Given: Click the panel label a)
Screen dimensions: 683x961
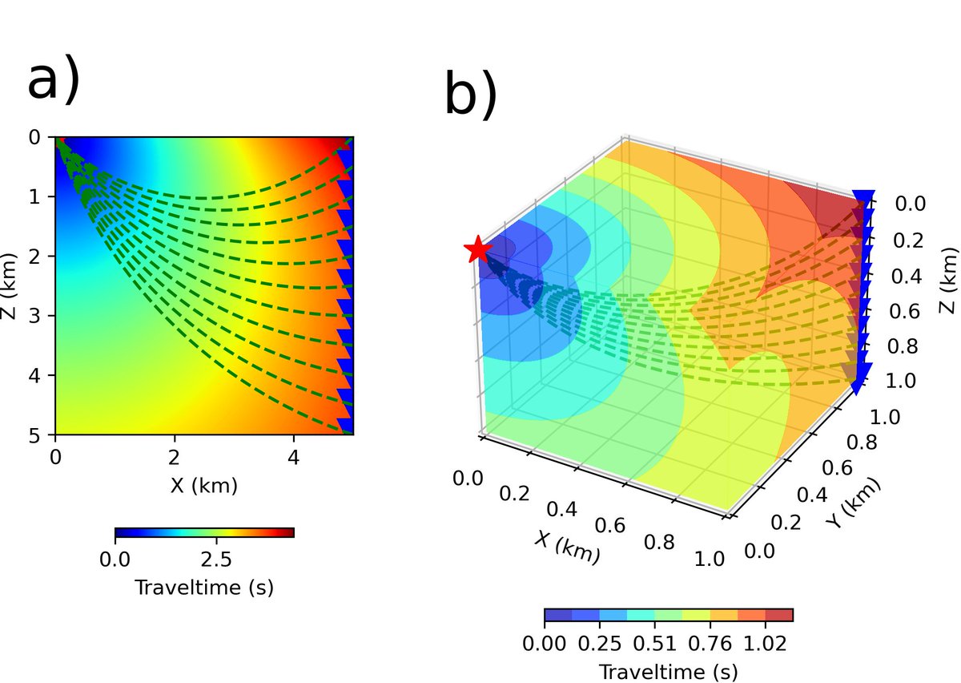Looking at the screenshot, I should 54,81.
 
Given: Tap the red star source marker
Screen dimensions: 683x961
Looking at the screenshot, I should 478,250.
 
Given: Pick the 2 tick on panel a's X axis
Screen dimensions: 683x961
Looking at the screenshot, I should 174,458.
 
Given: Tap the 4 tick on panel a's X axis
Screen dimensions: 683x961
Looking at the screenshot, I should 293,458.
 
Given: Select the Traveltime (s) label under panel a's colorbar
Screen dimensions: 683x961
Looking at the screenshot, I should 203,588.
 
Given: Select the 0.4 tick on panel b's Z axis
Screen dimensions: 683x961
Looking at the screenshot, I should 908,277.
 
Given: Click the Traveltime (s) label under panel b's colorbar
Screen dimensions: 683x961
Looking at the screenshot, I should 668,670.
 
